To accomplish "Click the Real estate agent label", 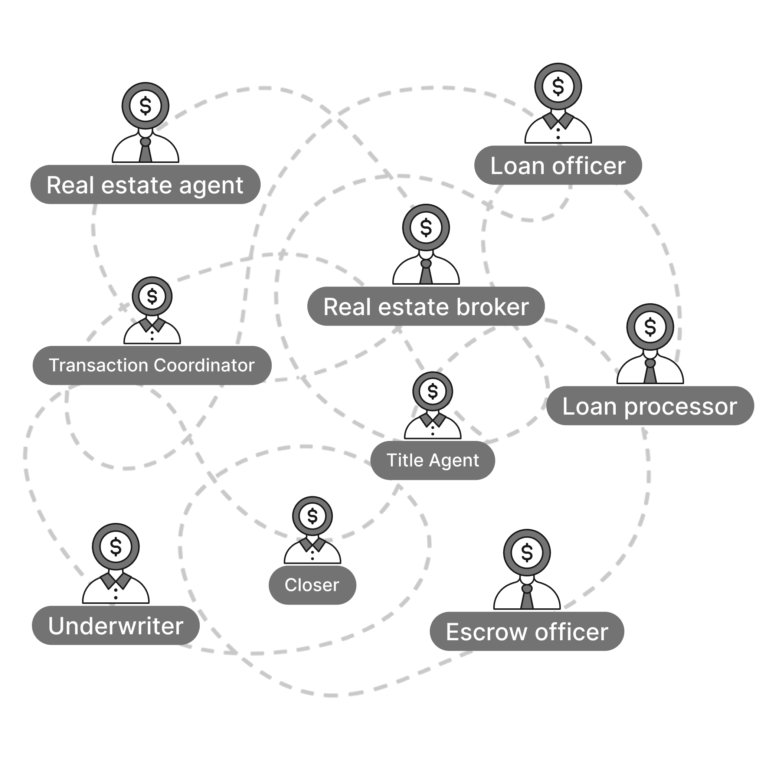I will (145, 185).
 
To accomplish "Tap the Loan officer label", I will (558, 166).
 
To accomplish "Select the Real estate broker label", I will (426, 307).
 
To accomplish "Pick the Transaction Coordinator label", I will (152, 365).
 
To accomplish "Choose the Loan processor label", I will (650, 406).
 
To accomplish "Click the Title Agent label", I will (433, 460).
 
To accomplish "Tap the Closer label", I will (312, 585).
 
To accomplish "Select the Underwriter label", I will (115, 626).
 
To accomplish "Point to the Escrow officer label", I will (527, 632).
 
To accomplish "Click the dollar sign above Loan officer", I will (558, 86).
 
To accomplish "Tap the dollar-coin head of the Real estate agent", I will (145, 106).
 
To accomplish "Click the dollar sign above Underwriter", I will (116, 547).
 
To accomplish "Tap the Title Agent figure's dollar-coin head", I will (433, 391).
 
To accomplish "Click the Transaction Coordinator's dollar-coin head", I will (152, 297).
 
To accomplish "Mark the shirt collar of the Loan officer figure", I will (558, 120).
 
